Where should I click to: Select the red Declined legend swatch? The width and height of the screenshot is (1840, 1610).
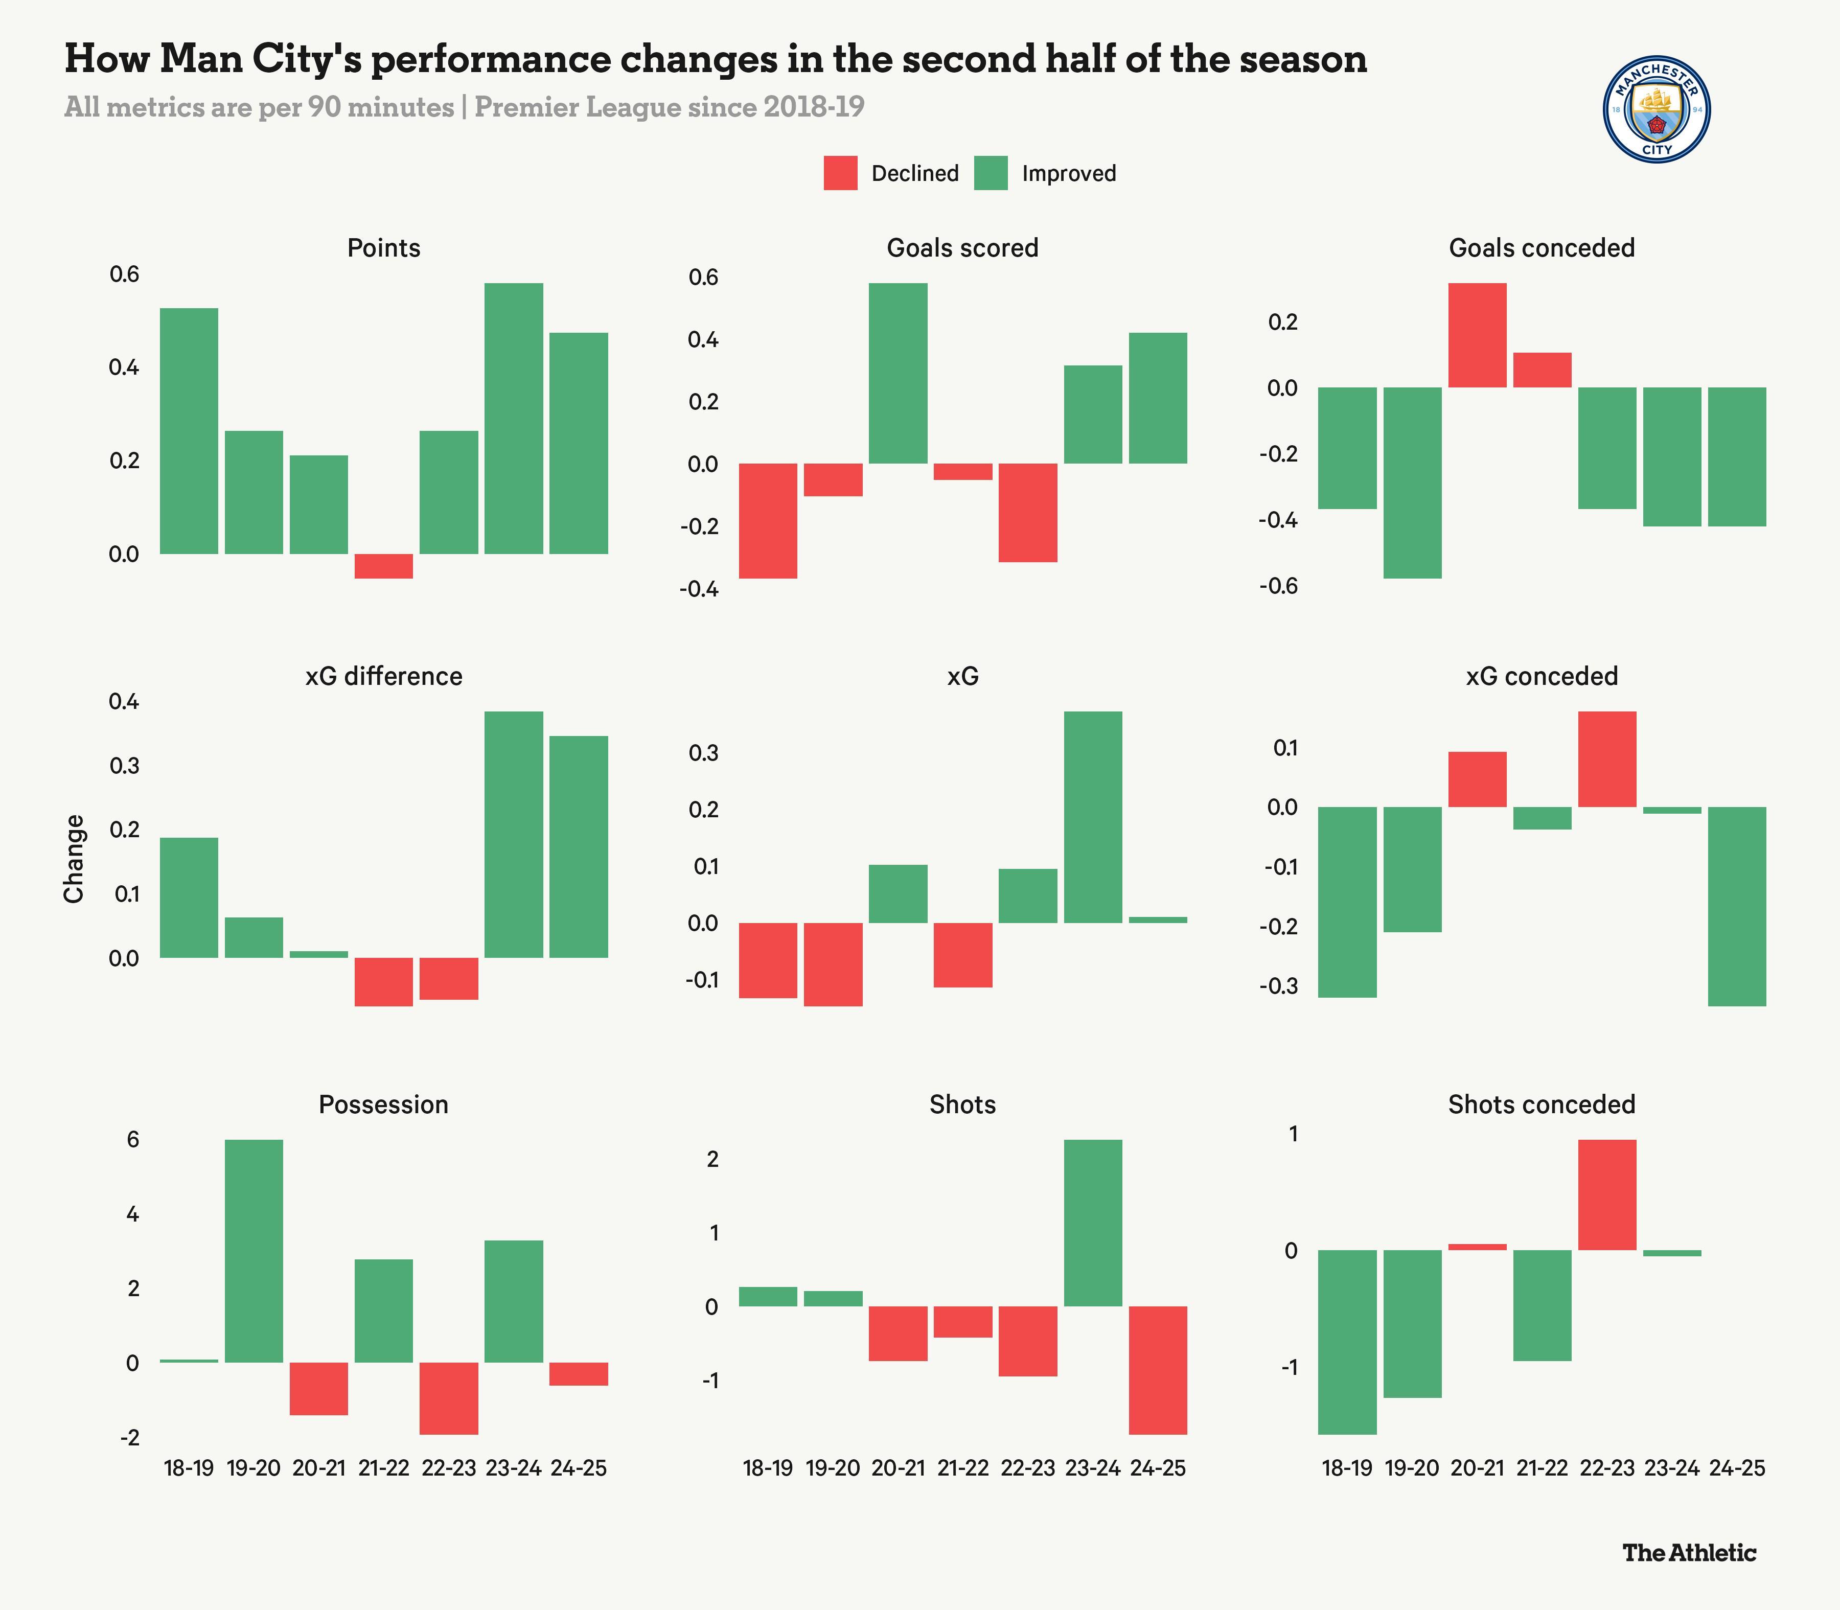point(840,173)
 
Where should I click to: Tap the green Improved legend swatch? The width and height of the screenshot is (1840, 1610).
point(991,173)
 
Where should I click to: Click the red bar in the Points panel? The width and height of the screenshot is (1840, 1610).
point(384,566)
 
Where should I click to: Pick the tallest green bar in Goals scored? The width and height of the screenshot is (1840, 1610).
point(898,373)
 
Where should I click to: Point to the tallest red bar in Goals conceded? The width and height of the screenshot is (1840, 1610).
point(1477,335)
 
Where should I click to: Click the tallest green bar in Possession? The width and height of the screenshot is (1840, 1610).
point(254,1251)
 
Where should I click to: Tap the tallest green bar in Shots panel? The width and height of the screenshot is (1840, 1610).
point(1093,1223)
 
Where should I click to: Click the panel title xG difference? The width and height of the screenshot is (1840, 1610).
point(384,677)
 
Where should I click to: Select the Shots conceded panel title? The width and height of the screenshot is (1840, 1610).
point(1542,1104)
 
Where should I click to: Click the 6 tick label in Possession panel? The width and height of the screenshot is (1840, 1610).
point(133,1139)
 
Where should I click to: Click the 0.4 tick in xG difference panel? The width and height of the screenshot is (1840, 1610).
point(124,702)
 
